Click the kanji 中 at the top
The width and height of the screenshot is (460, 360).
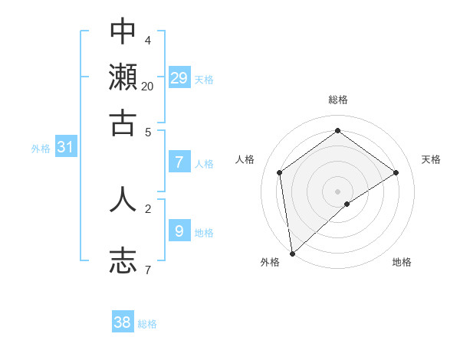[123, 31]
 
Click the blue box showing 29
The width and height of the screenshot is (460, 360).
[179, 77]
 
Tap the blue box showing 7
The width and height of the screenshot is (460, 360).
[179, 162]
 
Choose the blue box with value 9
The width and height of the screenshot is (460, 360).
[179, 230]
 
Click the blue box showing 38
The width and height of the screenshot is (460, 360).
[123, 322]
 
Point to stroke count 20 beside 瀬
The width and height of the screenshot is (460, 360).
[147, 86]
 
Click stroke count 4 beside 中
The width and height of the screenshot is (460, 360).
[147, 40]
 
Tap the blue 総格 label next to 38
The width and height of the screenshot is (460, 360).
[147, 324]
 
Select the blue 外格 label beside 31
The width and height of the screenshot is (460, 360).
[41, 149]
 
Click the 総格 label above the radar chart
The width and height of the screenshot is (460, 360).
[337, 100]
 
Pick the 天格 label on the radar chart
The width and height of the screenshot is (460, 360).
[431, 159]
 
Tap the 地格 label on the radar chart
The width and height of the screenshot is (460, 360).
[402, 262]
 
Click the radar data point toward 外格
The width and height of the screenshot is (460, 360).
[292, 253]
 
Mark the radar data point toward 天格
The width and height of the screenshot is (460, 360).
[396, 172]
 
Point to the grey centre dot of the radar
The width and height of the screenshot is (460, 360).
[337, 191]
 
